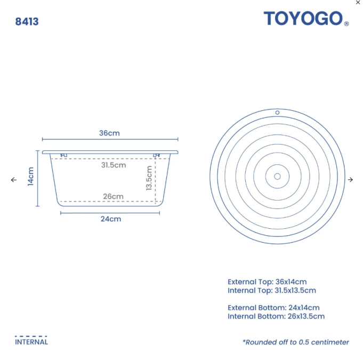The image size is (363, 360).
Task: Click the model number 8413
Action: coord(27,22)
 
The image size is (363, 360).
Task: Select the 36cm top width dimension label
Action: coord(109,133)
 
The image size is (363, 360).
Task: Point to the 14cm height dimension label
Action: coord(31,177)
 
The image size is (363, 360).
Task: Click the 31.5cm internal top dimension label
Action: coord(114,165)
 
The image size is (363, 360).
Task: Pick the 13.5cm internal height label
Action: coord(149,179)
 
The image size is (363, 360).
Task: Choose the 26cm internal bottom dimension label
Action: coord(113,196)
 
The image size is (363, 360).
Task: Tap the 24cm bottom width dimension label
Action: coord(110,219)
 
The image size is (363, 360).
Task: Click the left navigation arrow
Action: coord(14,180)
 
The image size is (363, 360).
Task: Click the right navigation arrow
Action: coord(350,180)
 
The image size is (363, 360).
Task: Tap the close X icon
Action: coord(358,3)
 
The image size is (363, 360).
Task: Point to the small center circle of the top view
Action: coord(277,176)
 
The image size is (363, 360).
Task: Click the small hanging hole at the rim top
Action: coord(277,113)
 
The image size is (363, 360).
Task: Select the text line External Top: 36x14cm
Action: coord(267,282)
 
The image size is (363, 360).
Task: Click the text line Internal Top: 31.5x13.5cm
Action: coord(272,291)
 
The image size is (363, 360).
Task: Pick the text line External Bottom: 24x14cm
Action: coord(273,307)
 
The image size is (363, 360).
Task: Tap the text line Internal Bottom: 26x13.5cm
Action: coord(276,316)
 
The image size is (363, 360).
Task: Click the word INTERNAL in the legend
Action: coord(31,342)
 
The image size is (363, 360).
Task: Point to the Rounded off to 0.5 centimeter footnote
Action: coord(296,342)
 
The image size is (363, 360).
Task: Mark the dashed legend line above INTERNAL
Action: coord(31,336)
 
